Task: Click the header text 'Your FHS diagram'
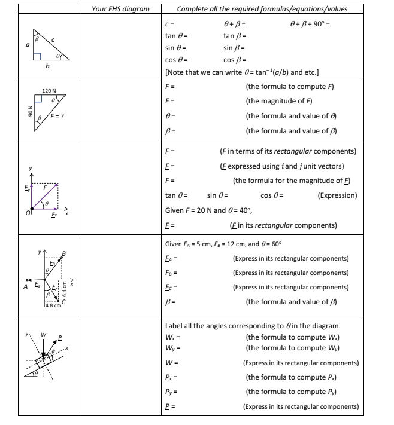pos(120,9)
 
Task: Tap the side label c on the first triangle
pos(52,40)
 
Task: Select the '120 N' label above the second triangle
pos(49,90)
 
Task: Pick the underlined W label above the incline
pos(43,334)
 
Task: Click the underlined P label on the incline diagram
pos(60,337)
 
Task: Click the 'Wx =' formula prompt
pos(173,337)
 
